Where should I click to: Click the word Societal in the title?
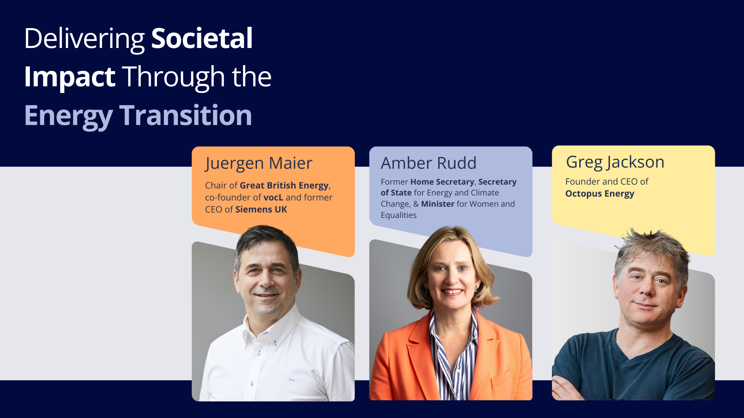(202, 38)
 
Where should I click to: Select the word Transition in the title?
(186, 115)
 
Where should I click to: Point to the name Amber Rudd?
(429, 163)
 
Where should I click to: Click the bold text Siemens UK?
(261, 209)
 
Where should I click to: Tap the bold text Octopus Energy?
(599, 194)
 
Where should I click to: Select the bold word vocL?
(274, 197)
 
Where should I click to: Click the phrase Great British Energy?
(284, 186)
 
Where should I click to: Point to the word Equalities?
(398, 216)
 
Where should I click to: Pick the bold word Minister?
(438, 204)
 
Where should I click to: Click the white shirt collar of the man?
(271, 325)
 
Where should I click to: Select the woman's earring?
(476, 289)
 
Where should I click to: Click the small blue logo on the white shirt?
(291, 380)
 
